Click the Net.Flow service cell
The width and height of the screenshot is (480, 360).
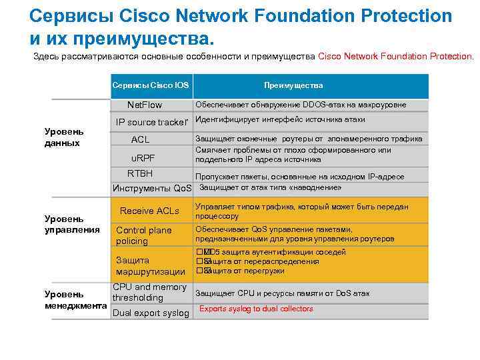(x=145, y=105)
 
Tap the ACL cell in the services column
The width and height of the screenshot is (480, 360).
(x=140, y=139)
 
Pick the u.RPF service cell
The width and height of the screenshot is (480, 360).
(x=141, y=158)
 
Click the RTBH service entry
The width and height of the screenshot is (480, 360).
(x=140, y=174)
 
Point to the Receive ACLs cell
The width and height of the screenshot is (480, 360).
(x=149, y=211)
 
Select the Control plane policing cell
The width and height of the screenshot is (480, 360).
(x=144, y=235)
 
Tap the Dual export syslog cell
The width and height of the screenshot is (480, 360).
(x=151, y=313)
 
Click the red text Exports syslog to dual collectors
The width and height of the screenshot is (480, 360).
(x=256, y=309)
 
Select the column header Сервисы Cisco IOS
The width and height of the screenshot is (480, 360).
(x=150, y=85)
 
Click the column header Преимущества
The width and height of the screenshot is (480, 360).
(x=293, y=85)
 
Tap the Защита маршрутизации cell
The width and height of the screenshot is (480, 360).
(x=151, y=266)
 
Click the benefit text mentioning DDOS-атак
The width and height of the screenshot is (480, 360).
(x=300, y=104)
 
